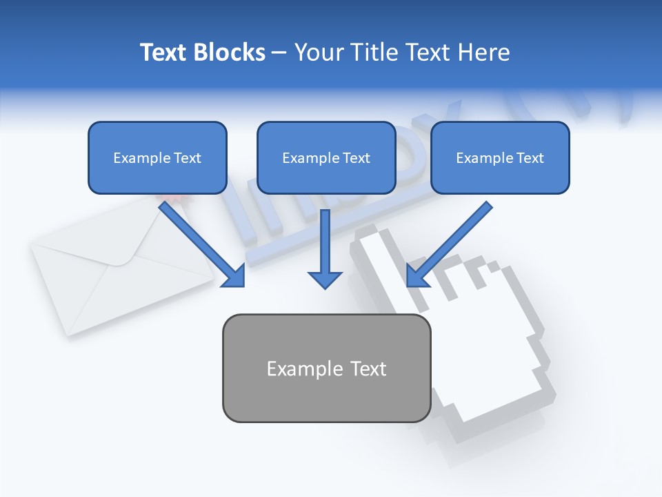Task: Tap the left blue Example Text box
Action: (157, 157)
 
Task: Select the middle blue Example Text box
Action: (326, 157)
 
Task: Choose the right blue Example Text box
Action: (500, 157)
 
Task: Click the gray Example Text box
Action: (326, 368)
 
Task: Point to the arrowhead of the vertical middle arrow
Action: (325, 279)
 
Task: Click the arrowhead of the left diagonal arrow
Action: (234, 276)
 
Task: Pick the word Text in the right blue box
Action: (530, 158)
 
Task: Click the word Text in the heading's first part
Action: (164, 52)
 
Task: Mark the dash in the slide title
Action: (279, 53)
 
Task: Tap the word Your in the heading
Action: (319, 52)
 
